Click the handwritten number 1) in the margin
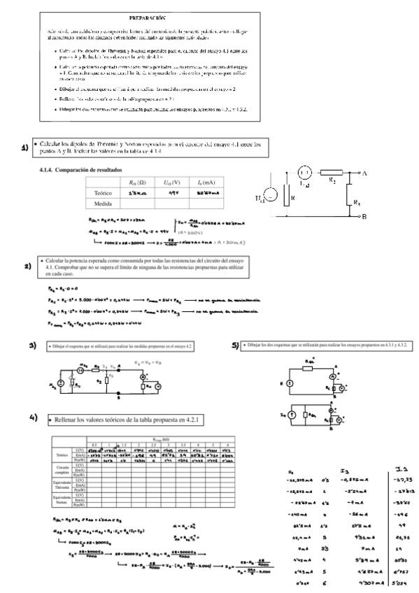click(24, 148)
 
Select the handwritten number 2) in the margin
click(29, 266)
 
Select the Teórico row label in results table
click(104, 192)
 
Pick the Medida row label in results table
click(104, 203)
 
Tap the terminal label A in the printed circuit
click(365, 171)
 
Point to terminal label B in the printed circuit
click(365, 217)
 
